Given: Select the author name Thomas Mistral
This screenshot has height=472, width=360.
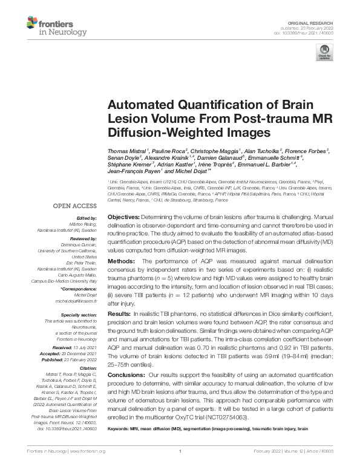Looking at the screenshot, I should (126, 149).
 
